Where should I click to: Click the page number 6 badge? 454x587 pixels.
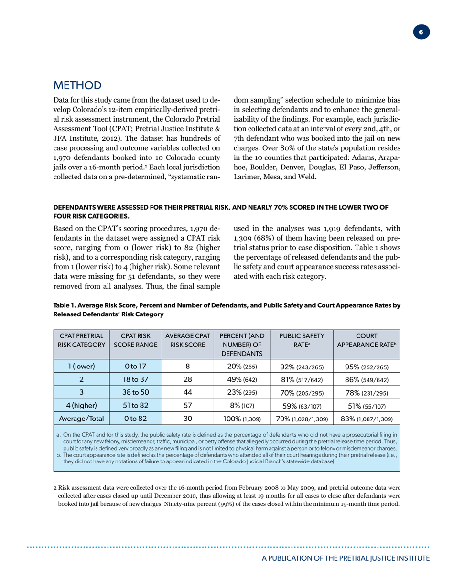tap(421, 32)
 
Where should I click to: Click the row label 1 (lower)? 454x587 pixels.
tap(81, 367)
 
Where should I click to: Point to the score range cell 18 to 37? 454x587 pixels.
tap(136, 379)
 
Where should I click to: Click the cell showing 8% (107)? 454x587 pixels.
tap(241, 406)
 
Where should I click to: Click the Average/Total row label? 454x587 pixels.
tap(81, 419)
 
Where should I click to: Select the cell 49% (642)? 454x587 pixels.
tap(241, 380)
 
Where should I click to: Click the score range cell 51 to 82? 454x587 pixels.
tap(136, 406)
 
